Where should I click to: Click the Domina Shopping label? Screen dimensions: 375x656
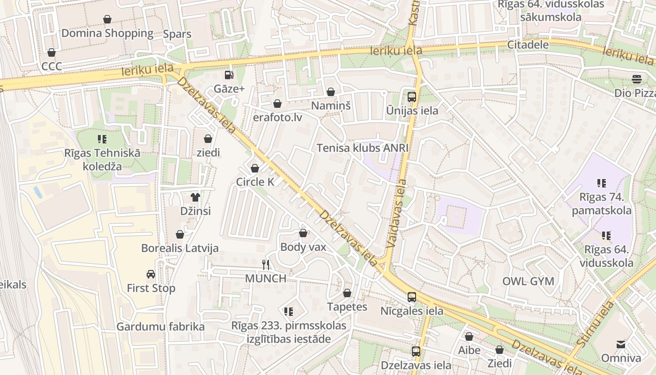(107, 33)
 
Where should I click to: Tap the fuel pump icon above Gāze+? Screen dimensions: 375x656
(229, 75)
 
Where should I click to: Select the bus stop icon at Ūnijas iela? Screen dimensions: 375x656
(412, 97)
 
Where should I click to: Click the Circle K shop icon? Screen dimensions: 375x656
(255, 168)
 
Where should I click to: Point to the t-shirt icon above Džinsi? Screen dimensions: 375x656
(195, 197)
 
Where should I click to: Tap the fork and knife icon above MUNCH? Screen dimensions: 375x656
(266, 265)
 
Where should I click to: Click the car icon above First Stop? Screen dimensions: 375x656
(150, 274)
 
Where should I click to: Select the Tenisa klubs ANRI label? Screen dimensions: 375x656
(363, 148)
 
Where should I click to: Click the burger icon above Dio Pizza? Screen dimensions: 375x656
(636, 79)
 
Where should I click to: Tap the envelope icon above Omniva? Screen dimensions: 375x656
(621, 345)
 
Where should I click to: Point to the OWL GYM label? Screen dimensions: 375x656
(528, 281)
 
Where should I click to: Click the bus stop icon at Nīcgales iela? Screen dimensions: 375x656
(412, 297)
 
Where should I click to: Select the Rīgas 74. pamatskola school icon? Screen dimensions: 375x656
(602, 183)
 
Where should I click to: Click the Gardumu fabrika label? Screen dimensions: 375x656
(160, 327)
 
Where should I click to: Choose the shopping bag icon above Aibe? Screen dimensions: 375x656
(469, 337)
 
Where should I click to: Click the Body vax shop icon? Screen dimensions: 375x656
(303, 233)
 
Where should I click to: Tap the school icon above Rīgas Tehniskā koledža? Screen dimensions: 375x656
(102, 139)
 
